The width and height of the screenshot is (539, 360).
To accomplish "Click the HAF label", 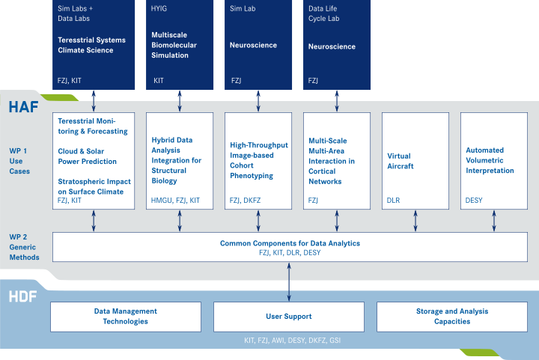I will coord(23,107).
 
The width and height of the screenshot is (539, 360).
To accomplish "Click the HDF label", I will coord(23,296).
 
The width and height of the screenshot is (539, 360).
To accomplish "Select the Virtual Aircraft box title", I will coord(401,161).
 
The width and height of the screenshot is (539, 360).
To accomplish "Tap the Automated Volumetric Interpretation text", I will coord(490,160).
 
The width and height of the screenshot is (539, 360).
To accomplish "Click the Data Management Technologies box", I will coord(125,316).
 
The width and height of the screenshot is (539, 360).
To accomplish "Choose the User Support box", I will coord(288,317).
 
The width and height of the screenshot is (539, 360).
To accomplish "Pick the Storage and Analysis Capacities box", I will coord(451,316).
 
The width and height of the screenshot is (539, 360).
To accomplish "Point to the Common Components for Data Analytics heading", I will coord(290,243).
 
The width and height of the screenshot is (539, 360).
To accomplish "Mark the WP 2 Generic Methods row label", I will coord(24,247).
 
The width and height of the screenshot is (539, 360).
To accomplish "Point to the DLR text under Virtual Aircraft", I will coord(394,201).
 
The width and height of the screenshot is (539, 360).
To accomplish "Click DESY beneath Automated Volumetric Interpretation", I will coord(474,201).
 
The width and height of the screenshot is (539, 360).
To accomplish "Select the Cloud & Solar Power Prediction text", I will coord(88,156).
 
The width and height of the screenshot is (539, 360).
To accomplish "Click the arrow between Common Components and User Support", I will coord(289,281).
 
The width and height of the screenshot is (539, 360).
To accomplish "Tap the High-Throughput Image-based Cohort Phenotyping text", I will coord(258,160).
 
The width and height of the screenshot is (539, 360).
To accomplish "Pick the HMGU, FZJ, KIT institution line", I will coord(175,201).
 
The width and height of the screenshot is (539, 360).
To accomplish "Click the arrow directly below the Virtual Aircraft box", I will coord(415,221).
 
